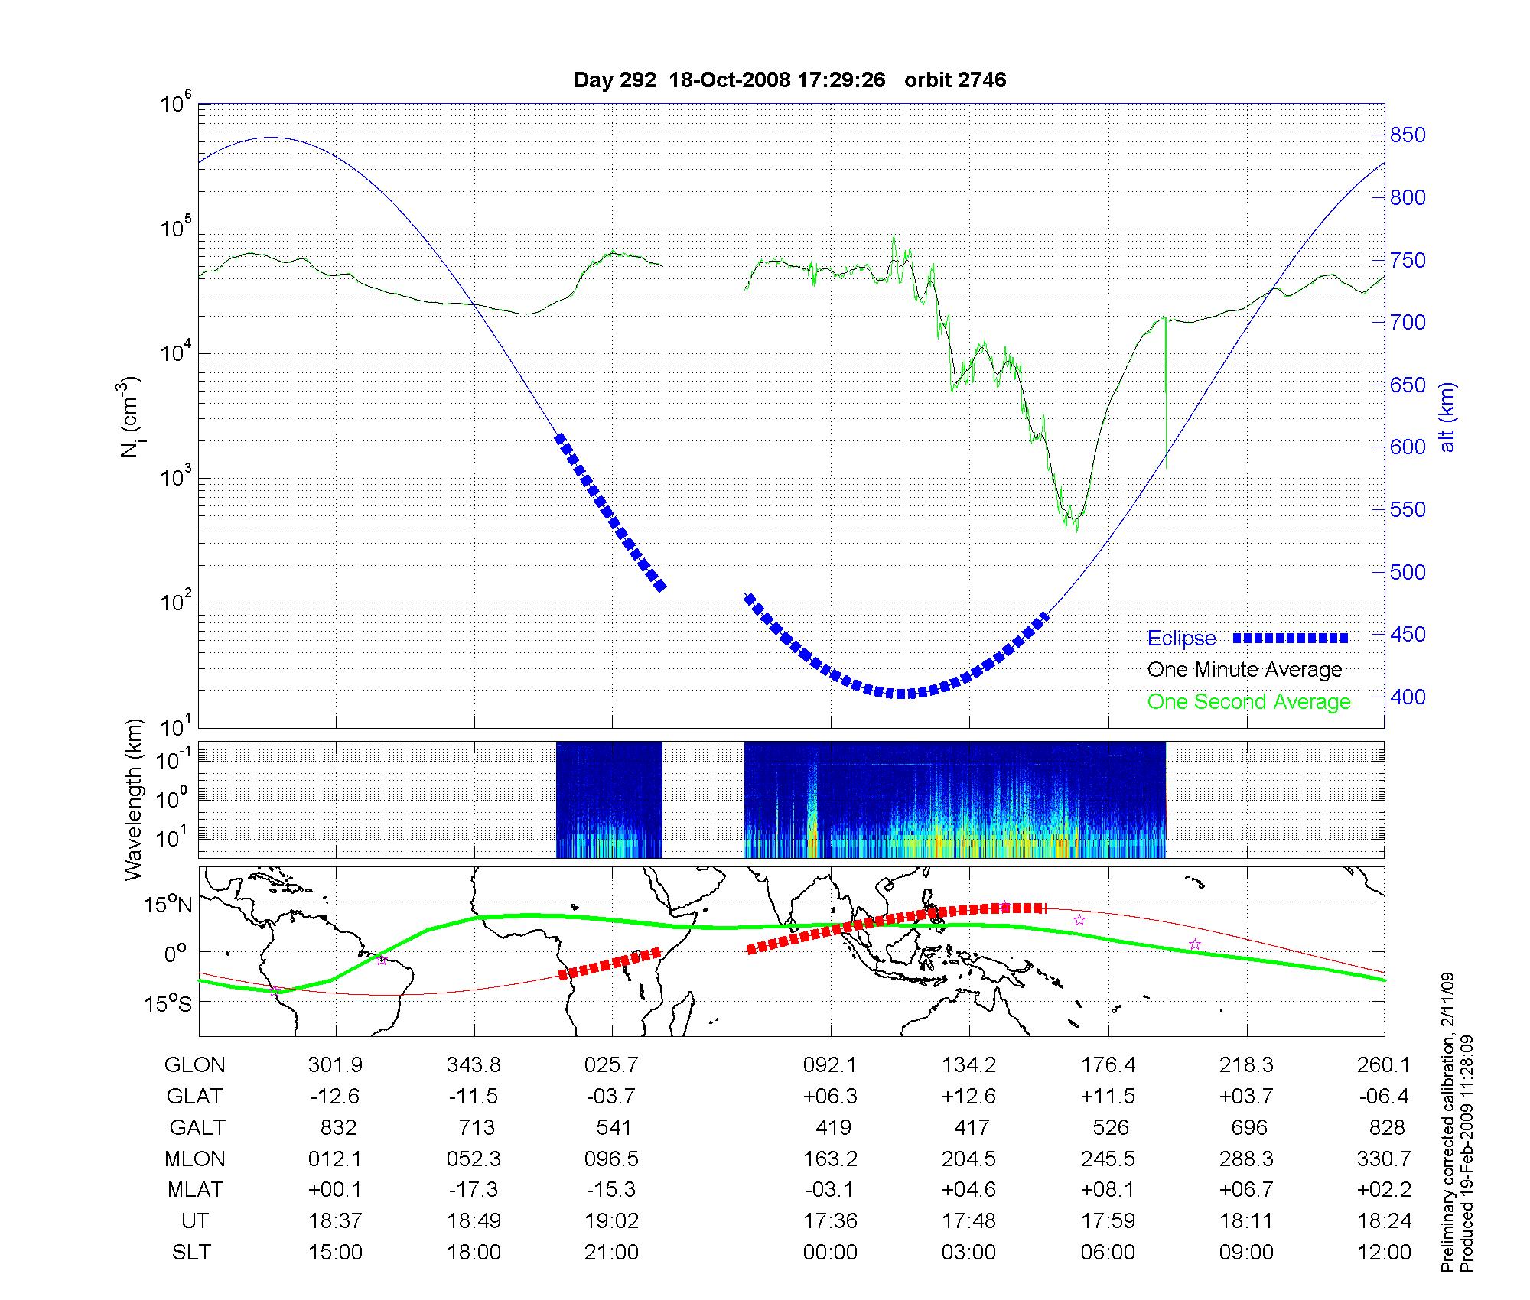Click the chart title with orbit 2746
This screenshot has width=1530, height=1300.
pyautogui.click(x=789, y=80)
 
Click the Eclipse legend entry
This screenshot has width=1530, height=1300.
pyautogui.click(x=1181, y=639)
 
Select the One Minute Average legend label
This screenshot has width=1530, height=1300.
pyautogui.click(x=1245, y=670)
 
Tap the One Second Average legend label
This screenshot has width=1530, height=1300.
pyautogui.click(x=1248, y=702)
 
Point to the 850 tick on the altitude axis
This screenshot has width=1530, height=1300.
pyautogui.click(x=1408, y=135)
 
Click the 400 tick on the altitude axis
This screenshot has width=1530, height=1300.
pyautogui.click(x=1408, y=697)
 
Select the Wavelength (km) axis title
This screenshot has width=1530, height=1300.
pyautogui.click(x=135, y=800)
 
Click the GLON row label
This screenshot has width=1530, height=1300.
pyautogui.click(x=195, y=1065)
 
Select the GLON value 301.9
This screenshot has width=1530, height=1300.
pyautogui.click(x=335, y=1065)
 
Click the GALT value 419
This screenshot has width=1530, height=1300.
pyautogui.click(x=833, y=1128)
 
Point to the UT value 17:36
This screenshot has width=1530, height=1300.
pyautogui.click(x=830, y=1221)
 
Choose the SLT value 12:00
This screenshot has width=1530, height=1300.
pyautogui.click(x=1385, y=1253)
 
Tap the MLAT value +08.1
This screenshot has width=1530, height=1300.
pyautogui.click(x=1108, y=1190)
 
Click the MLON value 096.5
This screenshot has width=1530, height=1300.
pyautogui.click(x=611, y=1159)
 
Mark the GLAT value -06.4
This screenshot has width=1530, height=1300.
pyautogui.click(x=1385, y=1097)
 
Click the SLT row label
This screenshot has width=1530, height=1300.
pyautogui.click(x=191, y=1253)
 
